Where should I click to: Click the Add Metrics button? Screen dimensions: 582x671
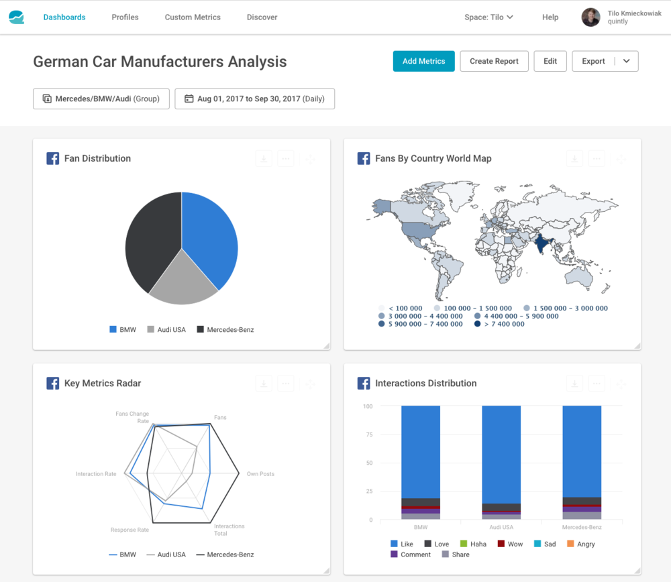[x=423, y=61]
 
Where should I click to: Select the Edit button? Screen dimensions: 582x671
[x=550, y=61]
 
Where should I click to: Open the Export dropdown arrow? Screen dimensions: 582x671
[x=627, y=61]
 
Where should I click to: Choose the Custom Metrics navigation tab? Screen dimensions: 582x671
[x=193, y=17]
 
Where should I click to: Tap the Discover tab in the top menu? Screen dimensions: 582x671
[x=262, y=17]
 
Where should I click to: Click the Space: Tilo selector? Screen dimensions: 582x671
[x=488, y=17]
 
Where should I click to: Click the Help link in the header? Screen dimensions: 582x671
[x=550, y=17]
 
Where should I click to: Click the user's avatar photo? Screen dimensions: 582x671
[x=590, y=17]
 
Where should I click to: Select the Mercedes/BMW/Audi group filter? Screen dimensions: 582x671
[x=101, y=99]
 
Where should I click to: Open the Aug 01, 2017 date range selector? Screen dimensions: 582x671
[x=255, y=99]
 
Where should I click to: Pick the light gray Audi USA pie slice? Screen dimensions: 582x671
[x=181, y=282]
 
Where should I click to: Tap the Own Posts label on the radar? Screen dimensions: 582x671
[x=260, y=474]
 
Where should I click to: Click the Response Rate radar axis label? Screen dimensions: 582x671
[x=130, y=530]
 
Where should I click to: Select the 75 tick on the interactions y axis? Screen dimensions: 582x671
[x=367, y=434]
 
